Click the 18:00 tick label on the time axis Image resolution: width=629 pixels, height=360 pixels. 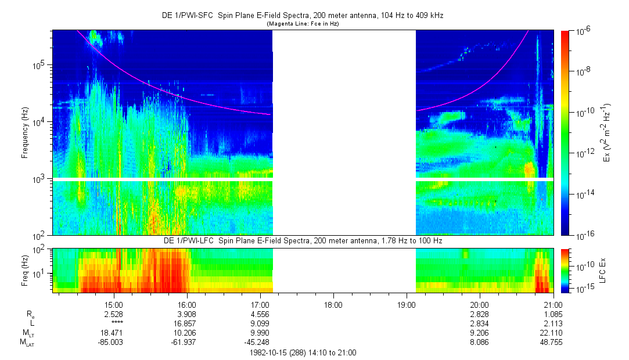(333, 304)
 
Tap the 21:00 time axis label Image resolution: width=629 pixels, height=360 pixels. (553, 304)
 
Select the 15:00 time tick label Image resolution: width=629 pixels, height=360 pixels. (114, 304)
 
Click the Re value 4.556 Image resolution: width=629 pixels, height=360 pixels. (260, 314)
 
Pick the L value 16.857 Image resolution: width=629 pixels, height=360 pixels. (187, 323)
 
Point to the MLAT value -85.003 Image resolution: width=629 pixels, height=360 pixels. (112, 342)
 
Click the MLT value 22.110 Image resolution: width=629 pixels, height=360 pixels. (552, 333)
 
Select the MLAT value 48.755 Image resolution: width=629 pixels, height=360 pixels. (552, 342)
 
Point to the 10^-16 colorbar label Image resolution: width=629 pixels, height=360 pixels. (583, 236)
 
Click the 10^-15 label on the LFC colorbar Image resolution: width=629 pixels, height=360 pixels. (583, 289)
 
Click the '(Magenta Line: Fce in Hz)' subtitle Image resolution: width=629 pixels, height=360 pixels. (303, 24)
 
